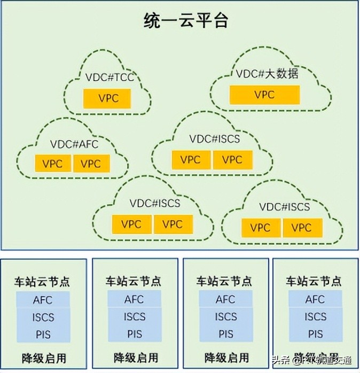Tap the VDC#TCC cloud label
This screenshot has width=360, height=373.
click(109, 79)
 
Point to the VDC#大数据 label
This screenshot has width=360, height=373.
click(267, 74)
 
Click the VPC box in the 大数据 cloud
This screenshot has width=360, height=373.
click(264, 95)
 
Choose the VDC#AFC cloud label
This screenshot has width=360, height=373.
click(74, 144)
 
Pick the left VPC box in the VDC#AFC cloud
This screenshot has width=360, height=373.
click(53, 164)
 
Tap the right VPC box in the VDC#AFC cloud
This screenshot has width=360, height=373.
click(90, 164)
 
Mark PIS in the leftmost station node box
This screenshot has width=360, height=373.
click(43, 334)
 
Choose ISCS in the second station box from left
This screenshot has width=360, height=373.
click(135, 317)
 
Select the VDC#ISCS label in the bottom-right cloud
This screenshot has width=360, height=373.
click(284, 207)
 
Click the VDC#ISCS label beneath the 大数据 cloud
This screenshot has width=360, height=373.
click(215, 139)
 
